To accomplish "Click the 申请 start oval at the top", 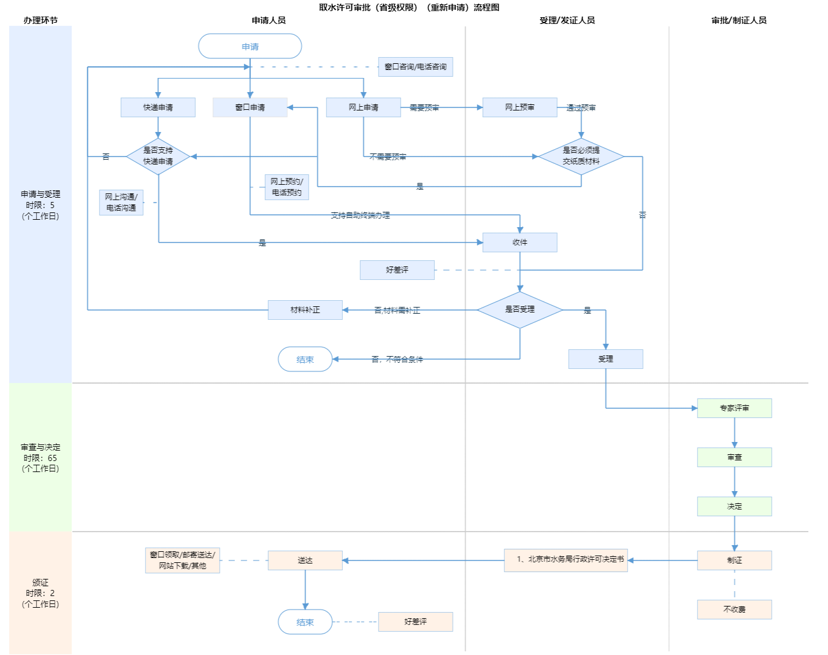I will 250,47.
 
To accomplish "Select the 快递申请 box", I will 158,107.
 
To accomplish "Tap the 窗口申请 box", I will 250,107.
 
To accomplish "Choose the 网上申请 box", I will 363,107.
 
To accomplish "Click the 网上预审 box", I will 519,107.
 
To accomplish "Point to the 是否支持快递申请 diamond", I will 158,156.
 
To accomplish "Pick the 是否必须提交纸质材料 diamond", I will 581,156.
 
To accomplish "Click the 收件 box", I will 519,242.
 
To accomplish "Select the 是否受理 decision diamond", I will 519,309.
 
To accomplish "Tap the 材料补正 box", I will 305,310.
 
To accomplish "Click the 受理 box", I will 605,359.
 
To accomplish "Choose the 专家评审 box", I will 734,408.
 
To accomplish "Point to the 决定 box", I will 734,506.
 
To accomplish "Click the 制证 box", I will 734,560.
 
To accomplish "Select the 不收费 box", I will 734,610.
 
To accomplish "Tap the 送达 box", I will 305,560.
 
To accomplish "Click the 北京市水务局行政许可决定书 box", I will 565,560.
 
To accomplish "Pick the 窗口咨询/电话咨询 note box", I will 415,67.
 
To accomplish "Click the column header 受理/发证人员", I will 567,20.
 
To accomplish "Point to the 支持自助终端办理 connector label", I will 360,215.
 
